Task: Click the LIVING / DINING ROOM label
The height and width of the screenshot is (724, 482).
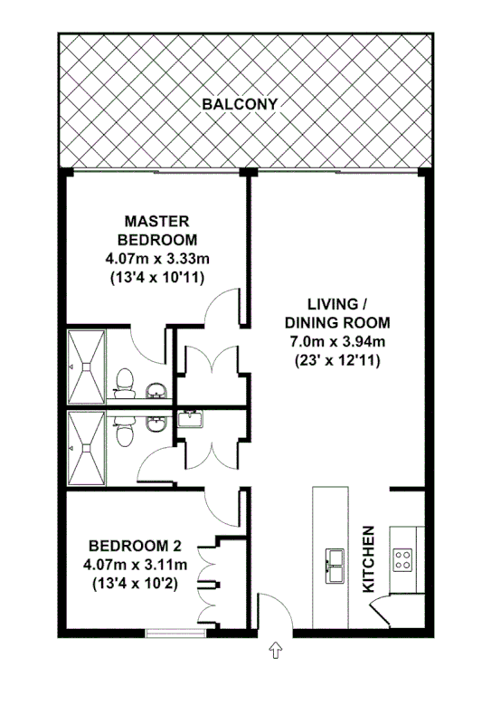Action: [x=336, y=313]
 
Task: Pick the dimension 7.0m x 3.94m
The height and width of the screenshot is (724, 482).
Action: [x=336, y=341]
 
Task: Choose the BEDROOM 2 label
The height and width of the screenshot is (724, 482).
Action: [x=135, y=546]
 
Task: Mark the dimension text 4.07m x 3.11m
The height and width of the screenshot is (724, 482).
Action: [x=135, y=565]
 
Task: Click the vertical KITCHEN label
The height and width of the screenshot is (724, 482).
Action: [x=369, y=559]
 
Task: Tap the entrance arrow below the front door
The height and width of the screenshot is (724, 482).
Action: [x=275, y=650]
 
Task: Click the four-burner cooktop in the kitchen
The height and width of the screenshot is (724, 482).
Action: [x=402, y=558]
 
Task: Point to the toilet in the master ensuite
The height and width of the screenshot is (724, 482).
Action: [x=125, y=386]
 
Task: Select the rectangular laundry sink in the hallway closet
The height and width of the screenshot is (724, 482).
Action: [x=190, y=420]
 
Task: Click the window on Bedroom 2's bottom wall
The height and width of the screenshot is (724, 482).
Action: [x=168, y=632]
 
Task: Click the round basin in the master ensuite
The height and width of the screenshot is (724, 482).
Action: [x=157, y=391]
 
